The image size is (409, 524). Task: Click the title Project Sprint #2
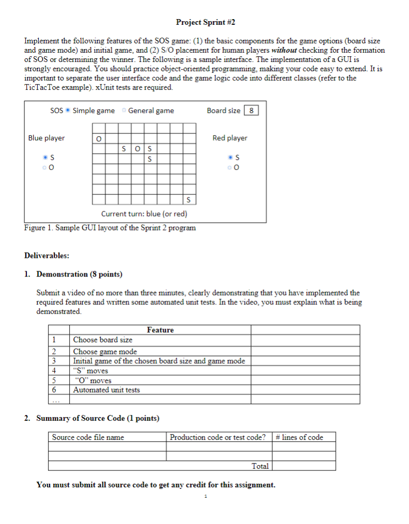[x=205, y=22]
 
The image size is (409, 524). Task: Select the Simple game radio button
[x=68, y=110]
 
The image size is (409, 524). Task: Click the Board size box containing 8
[x=251, y=110]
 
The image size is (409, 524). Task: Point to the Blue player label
[x=46, y=138]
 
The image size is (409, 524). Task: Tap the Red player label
[x=230, y=138]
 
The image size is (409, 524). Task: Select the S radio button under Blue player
[x=46, y=157]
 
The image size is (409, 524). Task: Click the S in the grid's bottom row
[x=189, y=200]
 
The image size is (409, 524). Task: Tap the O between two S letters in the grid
[x=137, y=149]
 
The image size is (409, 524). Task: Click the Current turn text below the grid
[x=144, y=214]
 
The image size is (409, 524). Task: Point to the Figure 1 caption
[x=110, y=227]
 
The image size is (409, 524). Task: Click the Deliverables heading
[x=46, y=255]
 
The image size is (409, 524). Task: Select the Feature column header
[x=160, y=330]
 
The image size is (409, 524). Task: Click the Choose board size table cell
[x=103, y=340]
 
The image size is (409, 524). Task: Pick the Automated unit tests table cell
[x=106, y=390]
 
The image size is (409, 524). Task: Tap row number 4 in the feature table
[x=53, y=370]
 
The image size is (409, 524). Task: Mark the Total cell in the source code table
[x=260, y=466]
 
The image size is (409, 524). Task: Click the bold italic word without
[x=285, y=50]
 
